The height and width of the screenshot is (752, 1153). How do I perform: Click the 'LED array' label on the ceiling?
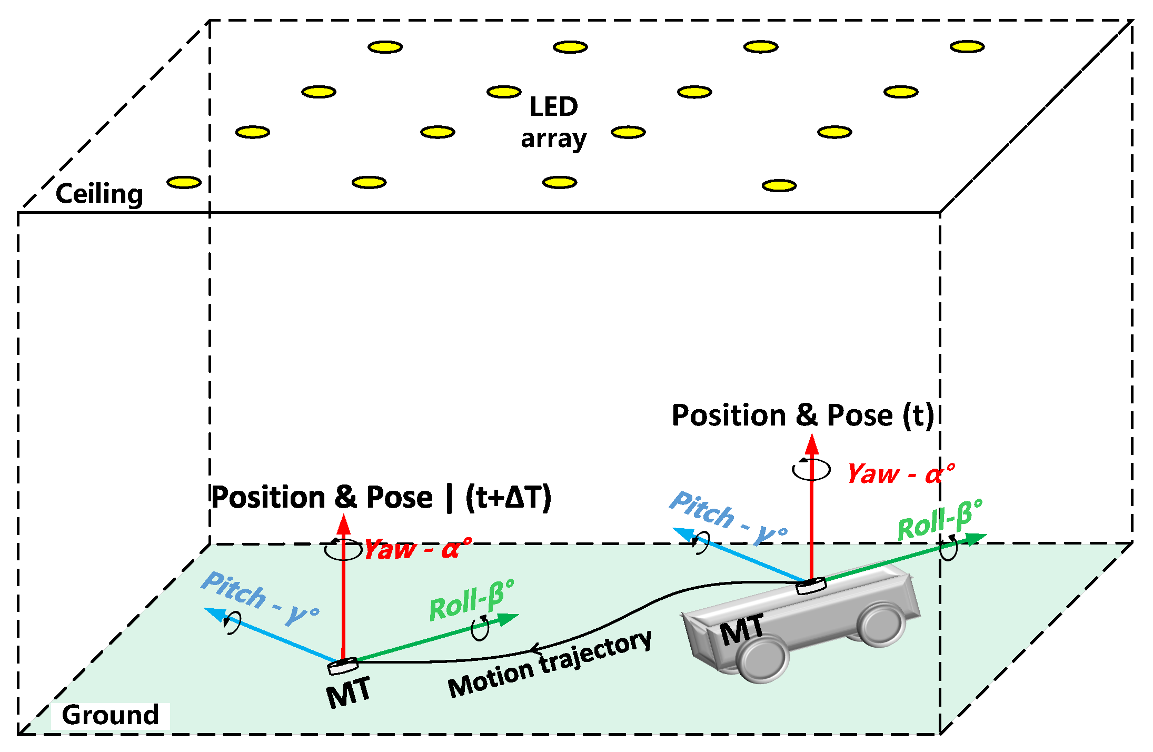pyautogui.click(x=553, y=122)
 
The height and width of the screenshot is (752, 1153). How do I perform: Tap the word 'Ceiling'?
pyautogui.click(x=99, y=194)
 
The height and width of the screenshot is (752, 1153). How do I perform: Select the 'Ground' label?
pyautogui.click(x=110, y=715)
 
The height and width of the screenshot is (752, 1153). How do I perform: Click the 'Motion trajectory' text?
pyautogui.click(x=550, y=665)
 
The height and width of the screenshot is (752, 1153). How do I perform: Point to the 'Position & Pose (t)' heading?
pyautogui.click(x=802, y=415)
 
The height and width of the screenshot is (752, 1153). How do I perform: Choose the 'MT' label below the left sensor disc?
pyautogui.click(x=348, y=692)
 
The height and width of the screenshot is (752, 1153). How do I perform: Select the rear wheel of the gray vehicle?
pyautogui.click(x=881, y=624)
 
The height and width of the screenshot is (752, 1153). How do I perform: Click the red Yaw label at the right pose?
pyautogui.click(x=900, y=474)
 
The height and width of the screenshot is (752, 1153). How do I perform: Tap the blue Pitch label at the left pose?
pyautogui.click(x=260, y=598)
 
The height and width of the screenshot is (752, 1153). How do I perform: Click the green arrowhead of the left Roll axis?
pyautogui.click(x=508, y=619)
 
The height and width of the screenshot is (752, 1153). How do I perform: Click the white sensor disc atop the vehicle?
pyautogui.click(x=810, y=585)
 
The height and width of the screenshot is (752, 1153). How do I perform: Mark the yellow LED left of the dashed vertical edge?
pyautogui.click(x=184, y=183)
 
